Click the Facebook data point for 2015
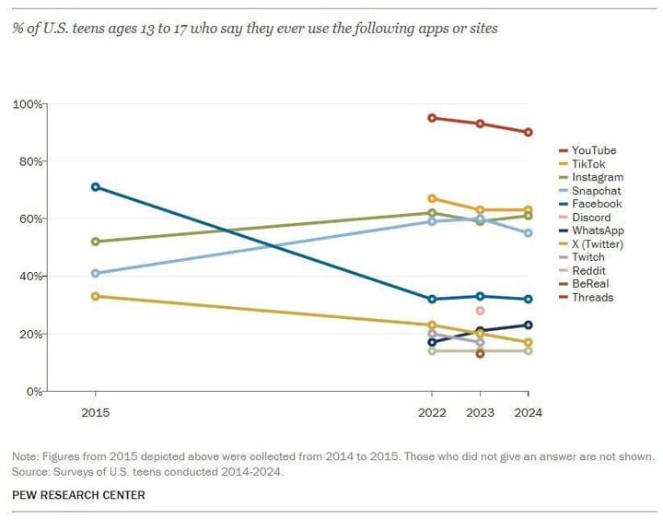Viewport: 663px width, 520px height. coord(96,187)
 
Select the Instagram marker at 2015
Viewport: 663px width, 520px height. coord(96,242)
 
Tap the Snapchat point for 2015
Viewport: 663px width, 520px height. coord(96,273)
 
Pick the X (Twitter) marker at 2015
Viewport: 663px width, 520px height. coord(96,296)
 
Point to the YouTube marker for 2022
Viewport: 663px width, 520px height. coord(432,118)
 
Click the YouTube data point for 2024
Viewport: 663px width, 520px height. coord(529,132)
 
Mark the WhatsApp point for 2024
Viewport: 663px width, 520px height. coord(529,325)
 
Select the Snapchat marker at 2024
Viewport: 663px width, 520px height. coord(529,233)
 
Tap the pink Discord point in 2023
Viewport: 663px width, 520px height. coord(480,311)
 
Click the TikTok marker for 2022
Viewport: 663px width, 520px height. coord(432,198)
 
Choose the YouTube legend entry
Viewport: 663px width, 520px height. coord(593,150)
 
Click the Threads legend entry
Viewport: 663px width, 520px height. coord(592,298)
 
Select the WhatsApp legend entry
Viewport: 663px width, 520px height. coord(597,230)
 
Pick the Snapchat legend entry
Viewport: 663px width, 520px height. coord(596,190)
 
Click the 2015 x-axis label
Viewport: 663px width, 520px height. coord(96,413)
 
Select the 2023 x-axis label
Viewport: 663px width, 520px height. coord(480,413)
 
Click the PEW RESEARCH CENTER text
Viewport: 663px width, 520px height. coord(78,495)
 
